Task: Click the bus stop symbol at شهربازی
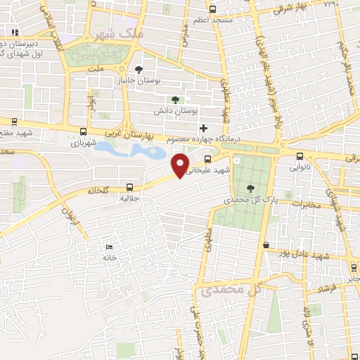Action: (x=84, y=131)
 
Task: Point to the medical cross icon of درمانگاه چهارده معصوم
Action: (x=204, y=128)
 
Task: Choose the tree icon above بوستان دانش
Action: (x=175, y=99)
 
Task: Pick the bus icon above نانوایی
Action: (x=300, y=157)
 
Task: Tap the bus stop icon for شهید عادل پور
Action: (x=267, y=245)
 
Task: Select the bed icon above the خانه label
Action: (x=108, y=247)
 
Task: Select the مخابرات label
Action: (x=305, y=205)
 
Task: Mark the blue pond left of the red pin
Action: (x=130, y=149)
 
